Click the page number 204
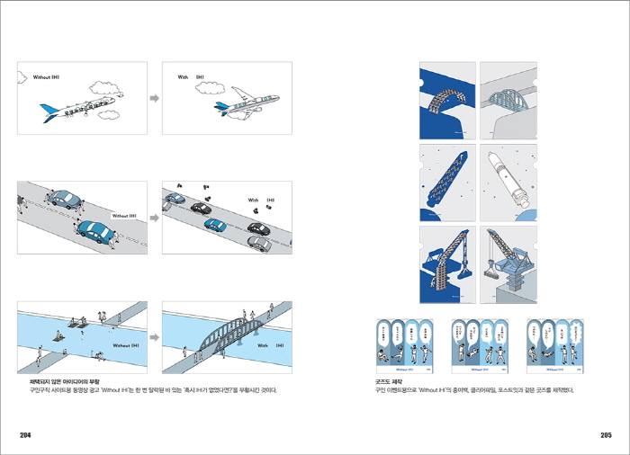(x=25, y=435)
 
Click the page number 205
(x=606, y=435)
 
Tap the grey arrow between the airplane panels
(x=154, y=97)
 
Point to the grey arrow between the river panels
(x=154, y=337)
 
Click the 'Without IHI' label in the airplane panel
(x=48, y=78)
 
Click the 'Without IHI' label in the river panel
(x=124, y=345)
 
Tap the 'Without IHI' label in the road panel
(x=124, y=216)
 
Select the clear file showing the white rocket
(x=506, y=181)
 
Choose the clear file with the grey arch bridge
(x=506, y=99)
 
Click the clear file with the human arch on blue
(x=447, y=99)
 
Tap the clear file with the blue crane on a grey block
(x=506, y=264)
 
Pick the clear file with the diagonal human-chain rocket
(x=447, y=181)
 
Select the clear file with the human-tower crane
(x=447, y=264)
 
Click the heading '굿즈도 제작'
(x=388, y=381)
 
